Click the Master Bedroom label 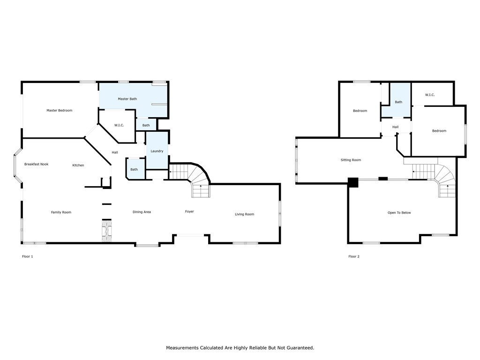(x=59, y=111)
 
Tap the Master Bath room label (x=127, y=99)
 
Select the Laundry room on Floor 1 (x=157, y=151)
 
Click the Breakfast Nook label (x=36, y=164)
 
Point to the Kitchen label (x=78, y=165)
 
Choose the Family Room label (x=61, y=212)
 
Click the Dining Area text (x=142, y=212)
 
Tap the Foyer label (x=189, y=211)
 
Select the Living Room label (x=244, y=214)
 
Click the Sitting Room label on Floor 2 (x=351, y=160)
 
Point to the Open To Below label (x=399, y=213)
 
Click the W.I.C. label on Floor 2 (x=430, y=95)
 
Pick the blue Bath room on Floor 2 (x=398, y=102)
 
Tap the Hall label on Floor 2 (x=395, y=127)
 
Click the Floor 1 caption (x=28, y=256)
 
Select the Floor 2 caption (x=354, y=256)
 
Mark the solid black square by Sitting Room (x=353, y=182)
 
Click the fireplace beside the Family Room (x=107, y=231)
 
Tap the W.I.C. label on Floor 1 (x=119, y=125)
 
